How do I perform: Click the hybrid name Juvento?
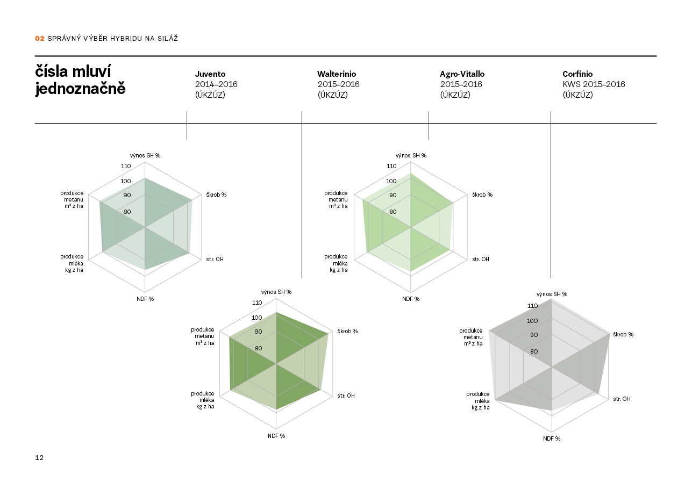pyautogui.click(x=210, y=74)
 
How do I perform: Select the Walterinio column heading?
pyautogui.click(x=337, y=74)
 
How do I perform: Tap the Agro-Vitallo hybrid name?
pyautogui.click(x=462, y=74)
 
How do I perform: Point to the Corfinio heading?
pyautogui.click(x=577, y=74)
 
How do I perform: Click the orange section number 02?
pyautogui.click(x=39, y=39)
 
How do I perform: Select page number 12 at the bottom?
pyautogui.click(x=39, y=458)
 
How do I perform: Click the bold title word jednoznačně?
pyautogui.click(x=80, y=89)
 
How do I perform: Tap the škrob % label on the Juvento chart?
pyautogui.click(x=216, y=195)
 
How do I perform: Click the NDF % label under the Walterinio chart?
pyautogui.click(x=276, y=436)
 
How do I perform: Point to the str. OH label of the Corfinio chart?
pyautogui.click(x=622, y=399)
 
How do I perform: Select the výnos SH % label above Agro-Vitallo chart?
pyautogui.click(x=411, y=155)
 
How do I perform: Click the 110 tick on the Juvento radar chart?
pyautogui.click(x=126, y=166)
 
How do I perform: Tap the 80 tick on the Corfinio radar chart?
pyautogui.click(x=534, y=352)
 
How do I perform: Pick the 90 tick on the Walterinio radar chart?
pyautogui.click(x=258, y=332)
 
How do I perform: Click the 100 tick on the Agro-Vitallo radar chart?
pyautogui.click(x=391, y=181)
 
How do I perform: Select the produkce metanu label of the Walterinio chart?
pyautogui.click(x=205, y=336)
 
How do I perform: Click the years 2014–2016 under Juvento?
pyautogui.click(x=216, y=84)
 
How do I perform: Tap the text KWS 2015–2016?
pyautogui.click(x=594, y=84)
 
